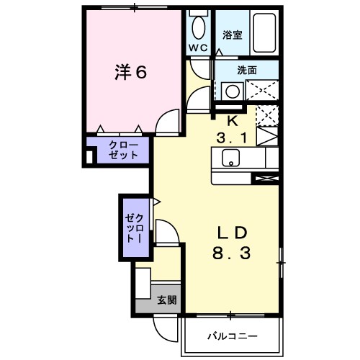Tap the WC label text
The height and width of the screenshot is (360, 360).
199,47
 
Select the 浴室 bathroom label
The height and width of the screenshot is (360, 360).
231,34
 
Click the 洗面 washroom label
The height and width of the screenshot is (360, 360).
248,71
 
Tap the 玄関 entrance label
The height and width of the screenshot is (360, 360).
166,300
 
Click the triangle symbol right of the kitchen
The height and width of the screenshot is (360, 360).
266,137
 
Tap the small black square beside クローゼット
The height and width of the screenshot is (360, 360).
90,154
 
